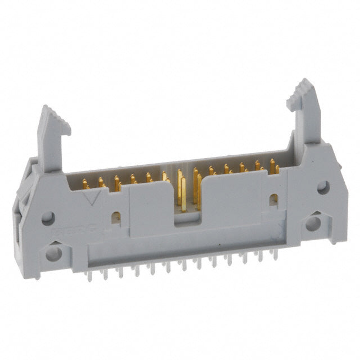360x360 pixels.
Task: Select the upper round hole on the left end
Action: [48, 217]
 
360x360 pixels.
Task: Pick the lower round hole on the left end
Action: [53, 253]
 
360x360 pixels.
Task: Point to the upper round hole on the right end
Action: [322, 188]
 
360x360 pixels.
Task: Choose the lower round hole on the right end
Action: [312, 224]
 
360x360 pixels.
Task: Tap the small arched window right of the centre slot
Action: [273, 200]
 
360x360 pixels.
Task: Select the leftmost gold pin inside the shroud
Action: [85, 184]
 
